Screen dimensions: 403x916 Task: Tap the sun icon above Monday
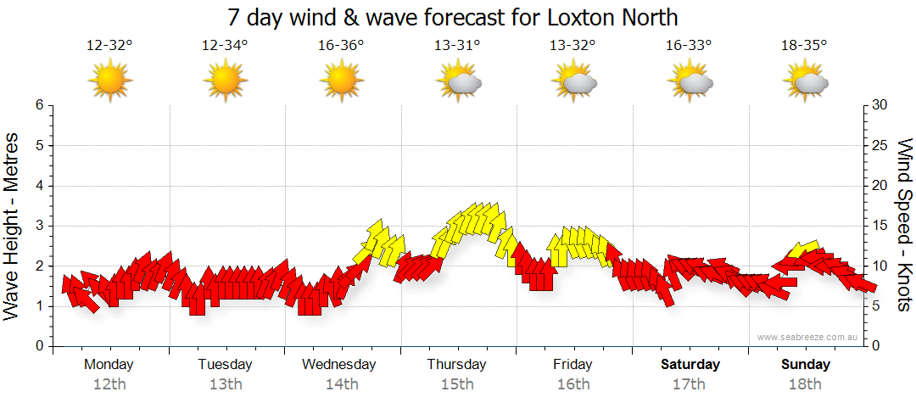[110, 81]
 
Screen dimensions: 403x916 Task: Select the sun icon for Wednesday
[342, 81]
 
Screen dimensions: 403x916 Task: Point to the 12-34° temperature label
[226, 46]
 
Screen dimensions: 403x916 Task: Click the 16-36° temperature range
[342, 46]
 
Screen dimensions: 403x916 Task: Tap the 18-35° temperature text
[804, 46]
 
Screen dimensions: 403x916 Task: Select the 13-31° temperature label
[457, 46]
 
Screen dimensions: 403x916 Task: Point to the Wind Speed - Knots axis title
[904, 225]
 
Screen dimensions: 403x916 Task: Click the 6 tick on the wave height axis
[39, 105]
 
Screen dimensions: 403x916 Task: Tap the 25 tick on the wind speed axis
[880, 145]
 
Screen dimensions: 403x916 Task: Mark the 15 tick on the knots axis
[880, 226]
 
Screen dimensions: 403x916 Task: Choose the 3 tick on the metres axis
[39, 226]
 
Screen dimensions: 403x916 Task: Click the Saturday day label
[690, 365]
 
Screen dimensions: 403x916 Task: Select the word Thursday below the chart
[457, 365]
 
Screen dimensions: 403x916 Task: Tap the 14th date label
[342, 384]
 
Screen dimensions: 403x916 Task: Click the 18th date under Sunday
[806, 384]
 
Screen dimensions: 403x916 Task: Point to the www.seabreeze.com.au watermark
[808, 337]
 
